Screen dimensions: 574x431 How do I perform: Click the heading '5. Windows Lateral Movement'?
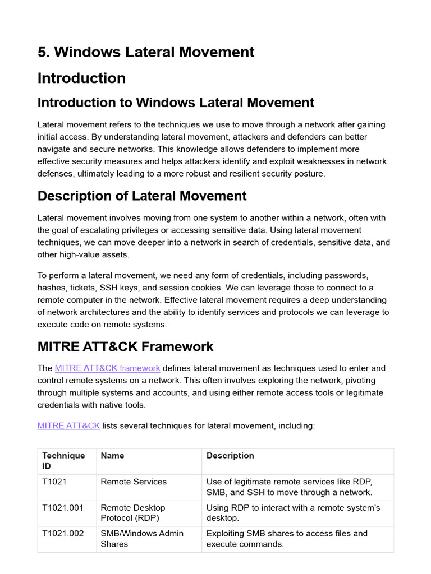[x=145, y=52]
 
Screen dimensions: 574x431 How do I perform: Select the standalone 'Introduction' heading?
[x=81, y=78]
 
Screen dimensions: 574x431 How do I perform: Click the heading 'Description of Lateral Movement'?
[x=141, y=196]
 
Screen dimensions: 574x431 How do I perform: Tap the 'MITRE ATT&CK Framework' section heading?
[x=125, y=346]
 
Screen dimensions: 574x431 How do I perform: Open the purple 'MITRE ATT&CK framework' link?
[x=107, y=368]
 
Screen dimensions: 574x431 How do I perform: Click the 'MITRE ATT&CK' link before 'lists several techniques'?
[x=68, y=425]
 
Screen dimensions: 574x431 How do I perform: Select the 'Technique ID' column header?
[x=63, y=461]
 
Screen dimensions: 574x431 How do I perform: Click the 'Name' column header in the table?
[x=112, y=456]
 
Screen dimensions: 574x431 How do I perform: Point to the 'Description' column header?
[x=230, y=456]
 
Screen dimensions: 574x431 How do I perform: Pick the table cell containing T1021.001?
[x=63, y=508]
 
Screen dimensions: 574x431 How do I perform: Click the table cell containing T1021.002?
[x=63, y=534]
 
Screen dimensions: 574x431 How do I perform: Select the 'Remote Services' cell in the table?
[x=133, y=482]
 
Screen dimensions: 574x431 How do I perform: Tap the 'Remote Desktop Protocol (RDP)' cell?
[x=132, y=513]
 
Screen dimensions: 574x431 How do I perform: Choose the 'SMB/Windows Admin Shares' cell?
[x=141, y=539]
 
